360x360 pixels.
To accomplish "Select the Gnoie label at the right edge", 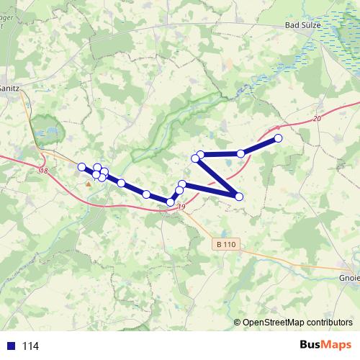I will coord(348,278).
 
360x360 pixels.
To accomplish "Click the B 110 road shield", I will coord(225,245).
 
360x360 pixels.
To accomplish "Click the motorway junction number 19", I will coord(180,207).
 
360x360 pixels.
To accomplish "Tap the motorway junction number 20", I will coord(318,118).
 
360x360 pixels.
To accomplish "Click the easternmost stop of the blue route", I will coord(279,138).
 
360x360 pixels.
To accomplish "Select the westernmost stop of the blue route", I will coord(82,167).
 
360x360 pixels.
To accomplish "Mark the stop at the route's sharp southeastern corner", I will coord(239,197).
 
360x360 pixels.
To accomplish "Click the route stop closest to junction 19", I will coord(171,202).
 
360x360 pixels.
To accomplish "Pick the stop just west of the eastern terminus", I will coord(241,153).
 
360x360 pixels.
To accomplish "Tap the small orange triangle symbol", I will coord(89,184).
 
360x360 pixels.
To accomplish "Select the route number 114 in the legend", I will coord(30,346).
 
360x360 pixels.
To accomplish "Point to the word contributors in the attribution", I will coord(327,323).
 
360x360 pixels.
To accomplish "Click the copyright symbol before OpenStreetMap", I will coord(237,323).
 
